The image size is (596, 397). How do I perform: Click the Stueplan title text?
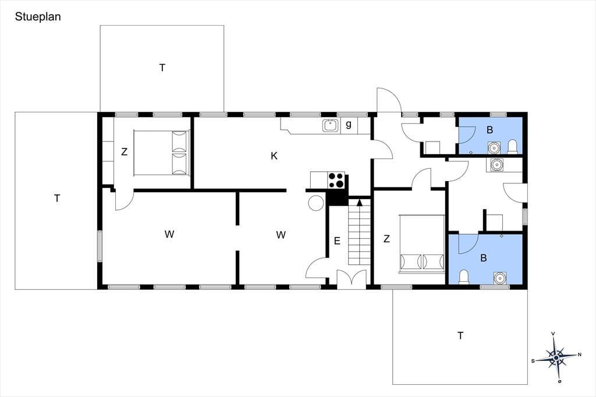[x=38, y=17]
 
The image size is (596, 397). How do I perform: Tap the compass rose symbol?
[x=556, y=357]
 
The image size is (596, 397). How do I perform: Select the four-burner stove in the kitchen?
[x=336, y=180]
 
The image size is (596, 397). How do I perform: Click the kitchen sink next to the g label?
[x=331, y=126]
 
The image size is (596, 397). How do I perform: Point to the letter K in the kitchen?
[x=274, y=156]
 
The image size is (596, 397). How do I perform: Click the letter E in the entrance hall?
[x=337, y=241]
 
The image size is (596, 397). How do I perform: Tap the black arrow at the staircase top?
[x=360, y=202]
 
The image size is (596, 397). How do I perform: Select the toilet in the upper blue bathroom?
[x=512, y=147]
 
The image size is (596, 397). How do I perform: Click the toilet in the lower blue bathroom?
[x=464, y=277]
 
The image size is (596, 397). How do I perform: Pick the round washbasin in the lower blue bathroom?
[x=500, y=278]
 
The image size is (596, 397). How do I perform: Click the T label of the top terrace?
[x=162, y=68]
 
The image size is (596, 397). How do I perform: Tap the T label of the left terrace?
[x=57, y=198]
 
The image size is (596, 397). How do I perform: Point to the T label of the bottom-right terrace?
[x=460, y=336]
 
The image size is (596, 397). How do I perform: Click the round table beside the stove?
[x=316, y=203]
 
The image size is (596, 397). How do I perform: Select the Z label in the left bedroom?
[x=124, y=152]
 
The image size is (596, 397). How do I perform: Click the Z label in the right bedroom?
[x=386, y=239]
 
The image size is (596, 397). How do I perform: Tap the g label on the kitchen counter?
[x=349, y=125]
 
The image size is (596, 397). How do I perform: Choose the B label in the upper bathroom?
[x=489, y=130]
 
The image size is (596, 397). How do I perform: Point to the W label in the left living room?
[x=169, y=234]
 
